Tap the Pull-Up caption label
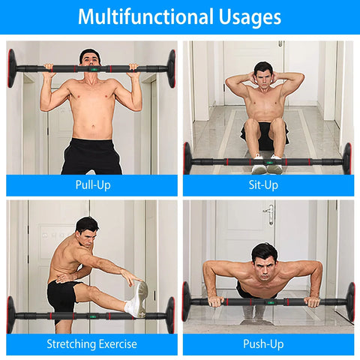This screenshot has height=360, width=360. point(92,184)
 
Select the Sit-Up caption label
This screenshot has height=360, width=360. point(268,184)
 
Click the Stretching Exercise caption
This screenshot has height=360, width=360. point(92,344)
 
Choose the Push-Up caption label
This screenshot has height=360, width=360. point(268,344)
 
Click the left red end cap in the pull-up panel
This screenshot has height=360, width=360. point(12,68)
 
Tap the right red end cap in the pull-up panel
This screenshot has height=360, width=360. point(172,67)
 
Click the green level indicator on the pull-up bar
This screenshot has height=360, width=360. point(92,68)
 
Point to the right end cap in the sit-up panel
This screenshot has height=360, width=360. point(346,159)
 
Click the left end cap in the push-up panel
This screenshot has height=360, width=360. point(187,301)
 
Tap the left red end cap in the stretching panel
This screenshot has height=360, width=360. point(11,314)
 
